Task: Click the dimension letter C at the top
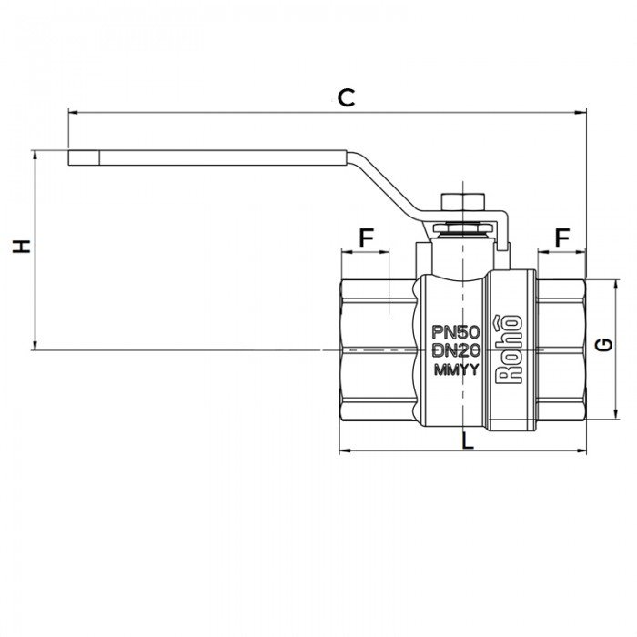346,97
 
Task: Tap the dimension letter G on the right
602,344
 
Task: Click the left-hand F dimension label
366,238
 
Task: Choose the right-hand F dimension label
562,238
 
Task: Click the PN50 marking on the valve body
455,331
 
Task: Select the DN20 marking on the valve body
455,350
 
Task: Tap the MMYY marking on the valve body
455,370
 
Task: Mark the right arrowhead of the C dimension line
579,114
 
